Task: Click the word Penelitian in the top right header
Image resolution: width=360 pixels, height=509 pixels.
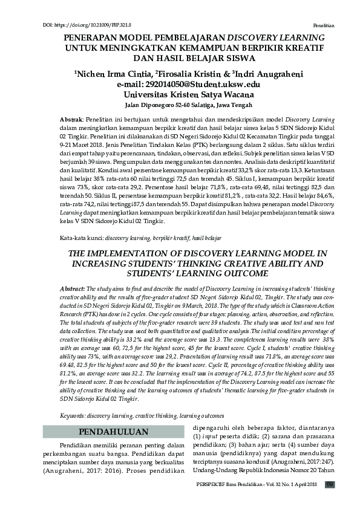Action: pos(324,27)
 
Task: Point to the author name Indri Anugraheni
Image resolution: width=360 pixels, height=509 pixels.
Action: pos(269,74)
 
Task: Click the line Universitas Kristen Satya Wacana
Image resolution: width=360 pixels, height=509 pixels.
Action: pos(188,95)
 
